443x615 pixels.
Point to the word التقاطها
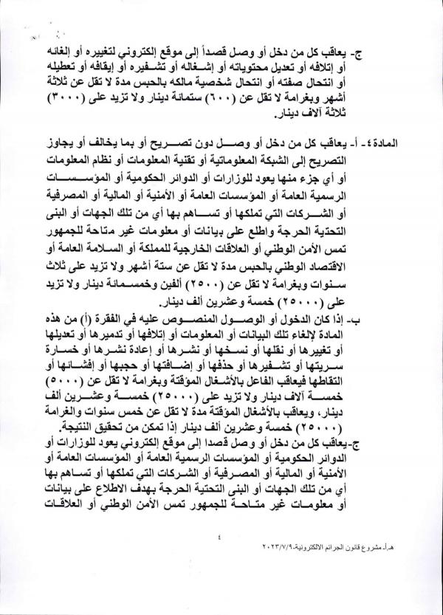click(374, 382)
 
